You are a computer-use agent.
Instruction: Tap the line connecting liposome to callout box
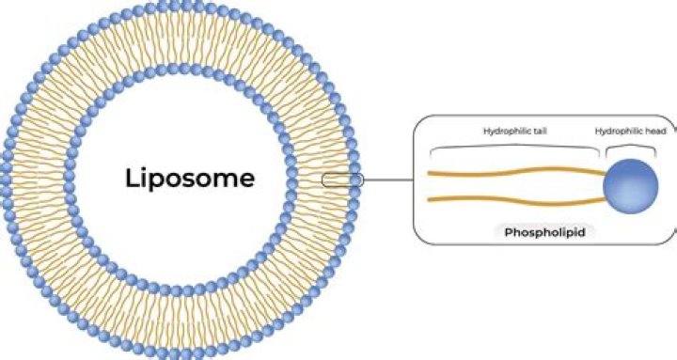point(387,179)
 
